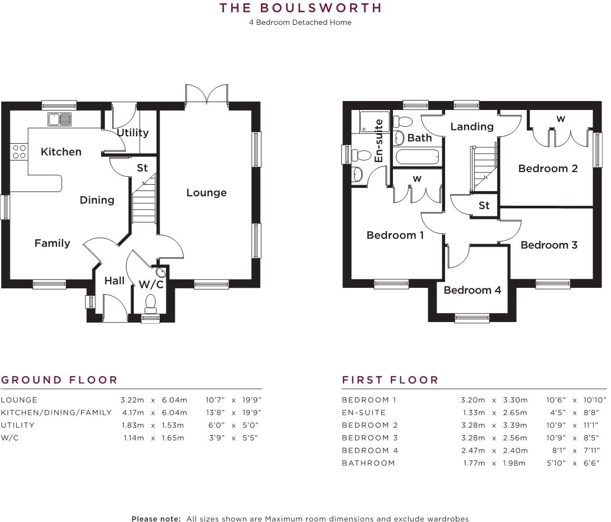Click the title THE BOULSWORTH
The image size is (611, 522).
300,8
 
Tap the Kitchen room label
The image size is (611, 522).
61,152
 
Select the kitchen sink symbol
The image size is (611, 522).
60,119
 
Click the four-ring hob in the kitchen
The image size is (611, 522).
19,152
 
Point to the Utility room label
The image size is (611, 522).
133,133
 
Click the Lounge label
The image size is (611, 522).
206,193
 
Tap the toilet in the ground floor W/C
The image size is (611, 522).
151,303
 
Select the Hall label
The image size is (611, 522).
114,281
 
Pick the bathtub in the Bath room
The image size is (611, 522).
417,157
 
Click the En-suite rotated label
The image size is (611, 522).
378,140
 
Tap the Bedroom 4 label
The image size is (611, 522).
472,290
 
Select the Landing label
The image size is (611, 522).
472,127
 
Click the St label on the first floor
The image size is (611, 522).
484,206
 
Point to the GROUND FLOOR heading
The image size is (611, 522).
60,380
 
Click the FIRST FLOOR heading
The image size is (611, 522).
390,380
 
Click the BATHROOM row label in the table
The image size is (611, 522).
368,463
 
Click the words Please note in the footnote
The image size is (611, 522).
156,519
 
